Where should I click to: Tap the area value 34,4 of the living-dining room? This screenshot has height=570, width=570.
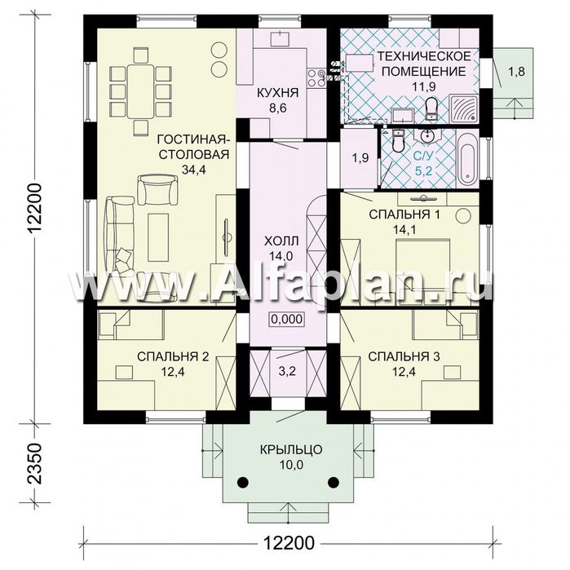pyautogui.click(x=194, y=169)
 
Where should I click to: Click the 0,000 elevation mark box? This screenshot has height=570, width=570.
pyautogui.click(x=287, y=319)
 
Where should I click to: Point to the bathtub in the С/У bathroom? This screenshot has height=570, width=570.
pyautogui.click(x=466, y=161)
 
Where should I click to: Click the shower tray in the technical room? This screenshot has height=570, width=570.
pyautogui.click(x=463, y=108)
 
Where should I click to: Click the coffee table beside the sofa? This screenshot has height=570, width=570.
pyautogui.click(x=158, y=237)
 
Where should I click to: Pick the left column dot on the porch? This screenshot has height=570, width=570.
pyautogui.click(x=243, y=482)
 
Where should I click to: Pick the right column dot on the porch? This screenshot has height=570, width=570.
pyautogui.click(x=333, y=482)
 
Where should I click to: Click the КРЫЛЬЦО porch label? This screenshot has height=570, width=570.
pyautogui.click(x=291, y=449)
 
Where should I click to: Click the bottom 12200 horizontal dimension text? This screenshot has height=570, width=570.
pyautogui.click(x=289, y=543)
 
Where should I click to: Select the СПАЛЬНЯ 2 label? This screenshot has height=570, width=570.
pyautogui.click(x=173, y=356)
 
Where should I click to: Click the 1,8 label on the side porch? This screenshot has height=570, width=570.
pyautogui.click(x=516, y=71)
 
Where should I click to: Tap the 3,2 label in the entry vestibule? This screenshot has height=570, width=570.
pyautogui.click(x=288, y=371)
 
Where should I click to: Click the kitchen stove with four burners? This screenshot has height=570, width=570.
pyautogui.click(x=316, y=78)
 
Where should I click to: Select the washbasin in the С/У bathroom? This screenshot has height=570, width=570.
pyautogui.click(x=428, y=135)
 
